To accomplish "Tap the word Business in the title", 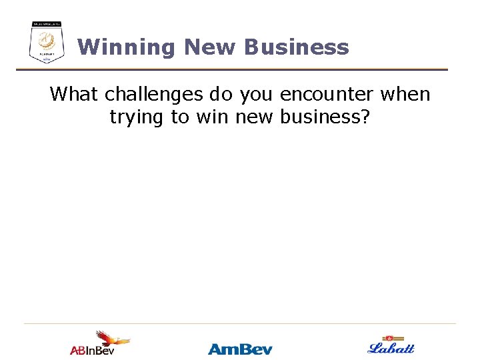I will (x=296, y=47).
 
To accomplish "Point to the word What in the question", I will (x=75, y=94).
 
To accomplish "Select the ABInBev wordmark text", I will (x=93, y=350).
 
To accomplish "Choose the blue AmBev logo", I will (x=240, y=349).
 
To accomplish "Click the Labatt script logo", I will (x=391, y=347).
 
